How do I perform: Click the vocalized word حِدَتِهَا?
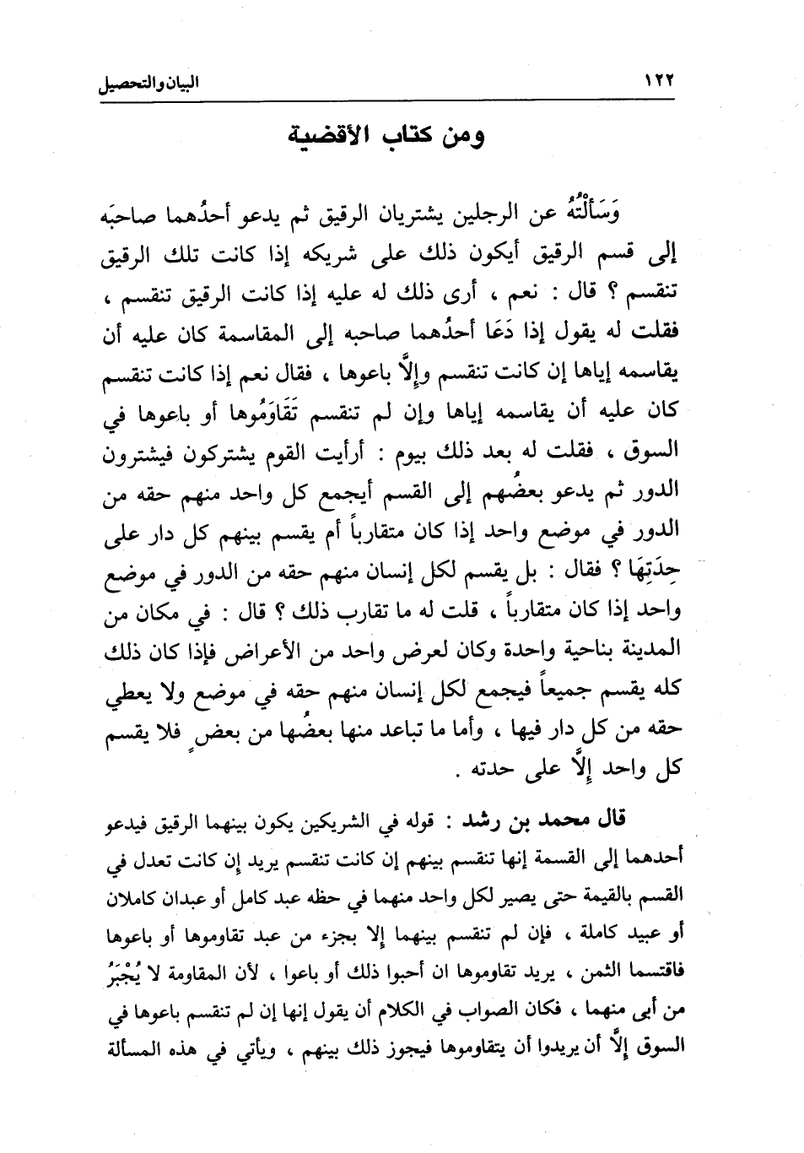(650, 576)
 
